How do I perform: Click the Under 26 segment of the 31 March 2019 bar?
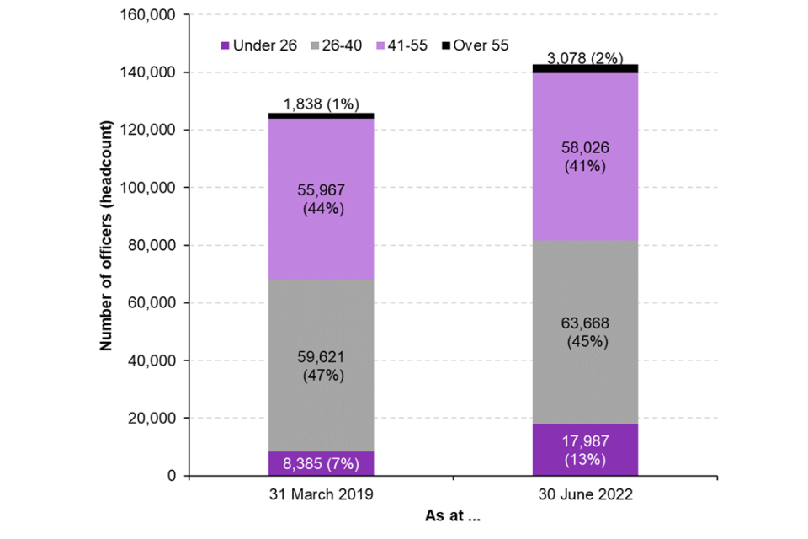click(x=321, y=463)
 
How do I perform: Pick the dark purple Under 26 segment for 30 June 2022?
click(x=585, y=450)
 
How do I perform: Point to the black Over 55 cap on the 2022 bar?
click(x=585, y=68)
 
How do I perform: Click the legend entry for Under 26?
click(x=258, y=45)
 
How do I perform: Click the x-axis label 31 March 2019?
click(x=321, y=494)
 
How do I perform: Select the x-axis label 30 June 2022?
click(x=585, y=494)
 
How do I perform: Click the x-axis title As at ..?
click(x=453, y=515)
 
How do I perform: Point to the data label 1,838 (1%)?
click(x=321, y=104)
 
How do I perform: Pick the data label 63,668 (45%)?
click(x=585, y=333)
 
